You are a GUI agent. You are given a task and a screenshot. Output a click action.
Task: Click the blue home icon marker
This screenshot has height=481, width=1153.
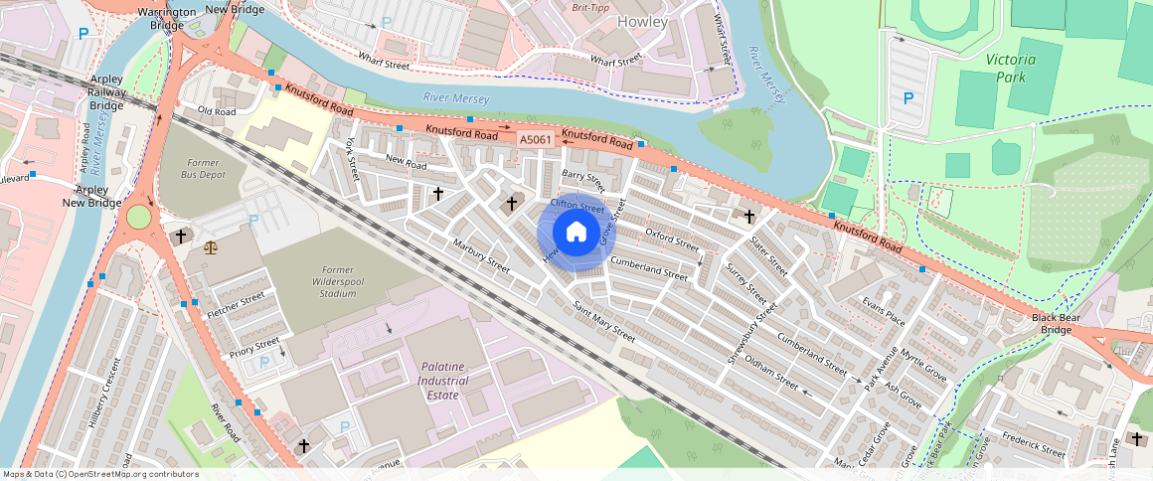[x=576, y=232]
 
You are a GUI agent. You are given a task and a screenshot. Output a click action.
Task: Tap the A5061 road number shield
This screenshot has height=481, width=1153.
[x=536, y=140]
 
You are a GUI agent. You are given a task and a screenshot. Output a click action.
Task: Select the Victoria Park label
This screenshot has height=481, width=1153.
[x=1011, y=68]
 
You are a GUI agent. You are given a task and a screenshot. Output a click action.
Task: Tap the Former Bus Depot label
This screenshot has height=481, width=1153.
[x=202, y=167]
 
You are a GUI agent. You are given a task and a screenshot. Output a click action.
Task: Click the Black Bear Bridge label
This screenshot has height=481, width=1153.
[x=1056, y=323]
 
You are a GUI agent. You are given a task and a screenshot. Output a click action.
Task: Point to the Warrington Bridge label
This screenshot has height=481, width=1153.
[x=166, y=18]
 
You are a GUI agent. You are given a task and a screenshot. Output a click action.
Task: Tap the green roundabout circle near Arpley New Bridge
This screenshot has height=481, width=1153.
[x=138, y=216]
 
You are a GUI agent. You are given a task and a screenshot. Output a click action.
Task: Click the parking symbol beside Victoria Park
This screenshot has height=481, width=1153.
[x=907, y=98]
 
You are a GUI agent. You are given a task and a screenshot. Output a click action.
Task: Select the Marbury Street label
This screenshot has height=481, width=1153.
[x=481, y=255]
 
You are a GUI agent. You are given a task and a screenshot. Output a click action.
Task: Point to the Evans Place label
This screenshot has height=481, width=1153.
[x=884, y=312]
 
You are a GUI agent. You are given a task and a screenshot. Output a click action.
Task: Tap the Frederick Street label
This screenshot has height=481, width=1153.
[x=1035, y=444]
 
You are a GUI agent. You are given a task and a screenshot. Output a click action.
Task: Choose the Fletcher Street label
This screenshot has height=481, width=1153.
[x=236, y=304]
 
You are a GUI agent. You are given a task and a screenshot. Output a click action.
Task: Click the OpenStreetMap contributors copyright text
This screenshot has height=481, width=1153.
[x=100, y=474]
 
